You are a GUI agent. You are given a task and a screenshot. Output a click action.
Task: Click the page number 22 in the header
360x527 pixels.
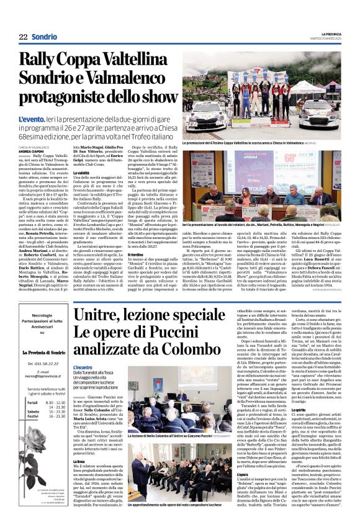[x=23, y=36]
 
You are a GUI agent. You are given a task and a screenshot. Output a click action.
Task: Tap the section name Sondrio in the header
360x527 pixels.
[x=44, y=36]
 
